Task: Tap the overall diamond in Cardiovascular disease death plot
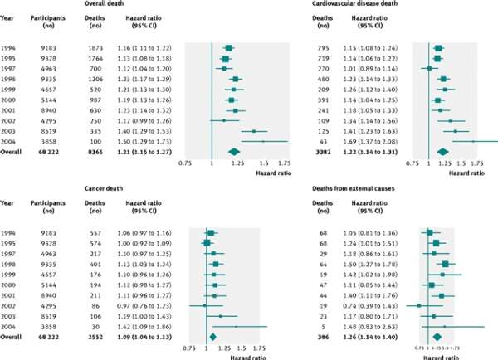(442, 152)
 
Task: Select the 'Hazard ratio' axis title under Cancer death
(234, 358)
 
